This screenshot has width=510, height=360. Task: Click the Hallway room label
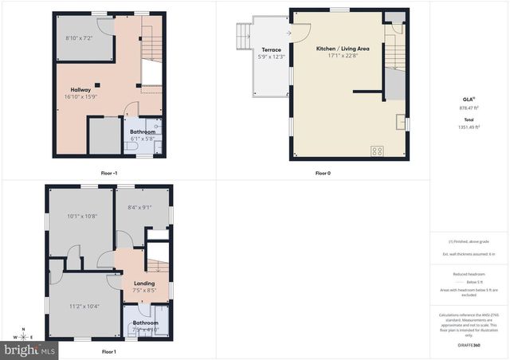tap(80, 90)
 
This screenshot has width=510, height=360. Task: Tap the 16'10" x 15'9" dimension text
tap(80, 97)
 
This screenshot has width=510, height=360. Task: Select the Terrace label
tap(271, 49)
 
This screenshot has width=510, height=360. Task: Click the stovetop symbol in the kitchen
tap(376, 150)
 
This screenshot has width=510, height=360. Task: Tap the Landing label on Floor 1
tap(144, 284)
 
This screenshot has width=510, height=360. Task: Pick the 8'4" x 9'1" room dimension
tap(140, 208)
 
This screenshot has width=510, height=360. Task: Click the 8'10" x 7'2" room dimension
tap(79, 38)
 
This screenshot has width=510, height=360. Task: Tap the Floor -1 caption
tap(109, 173)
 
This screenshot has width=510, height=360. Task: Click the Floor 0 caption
tap(323, 173)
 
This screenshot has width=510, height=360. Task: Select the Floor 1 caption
tap(109, 351)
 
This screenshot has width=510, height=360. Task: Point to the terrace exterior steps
tap(244, 36)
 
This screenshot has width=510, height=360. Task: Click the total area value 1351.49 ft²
tap(469, 127)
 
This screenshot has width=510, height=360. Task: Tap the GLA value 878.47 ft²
tap(469, 107)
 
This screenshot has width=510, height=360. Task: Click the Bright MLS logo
tap(29, 350)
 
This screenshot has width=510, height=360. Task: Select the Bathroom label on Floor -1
tap(143, 131)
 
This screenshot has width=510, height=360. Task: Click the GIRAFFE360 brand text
tap(469, 346)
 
